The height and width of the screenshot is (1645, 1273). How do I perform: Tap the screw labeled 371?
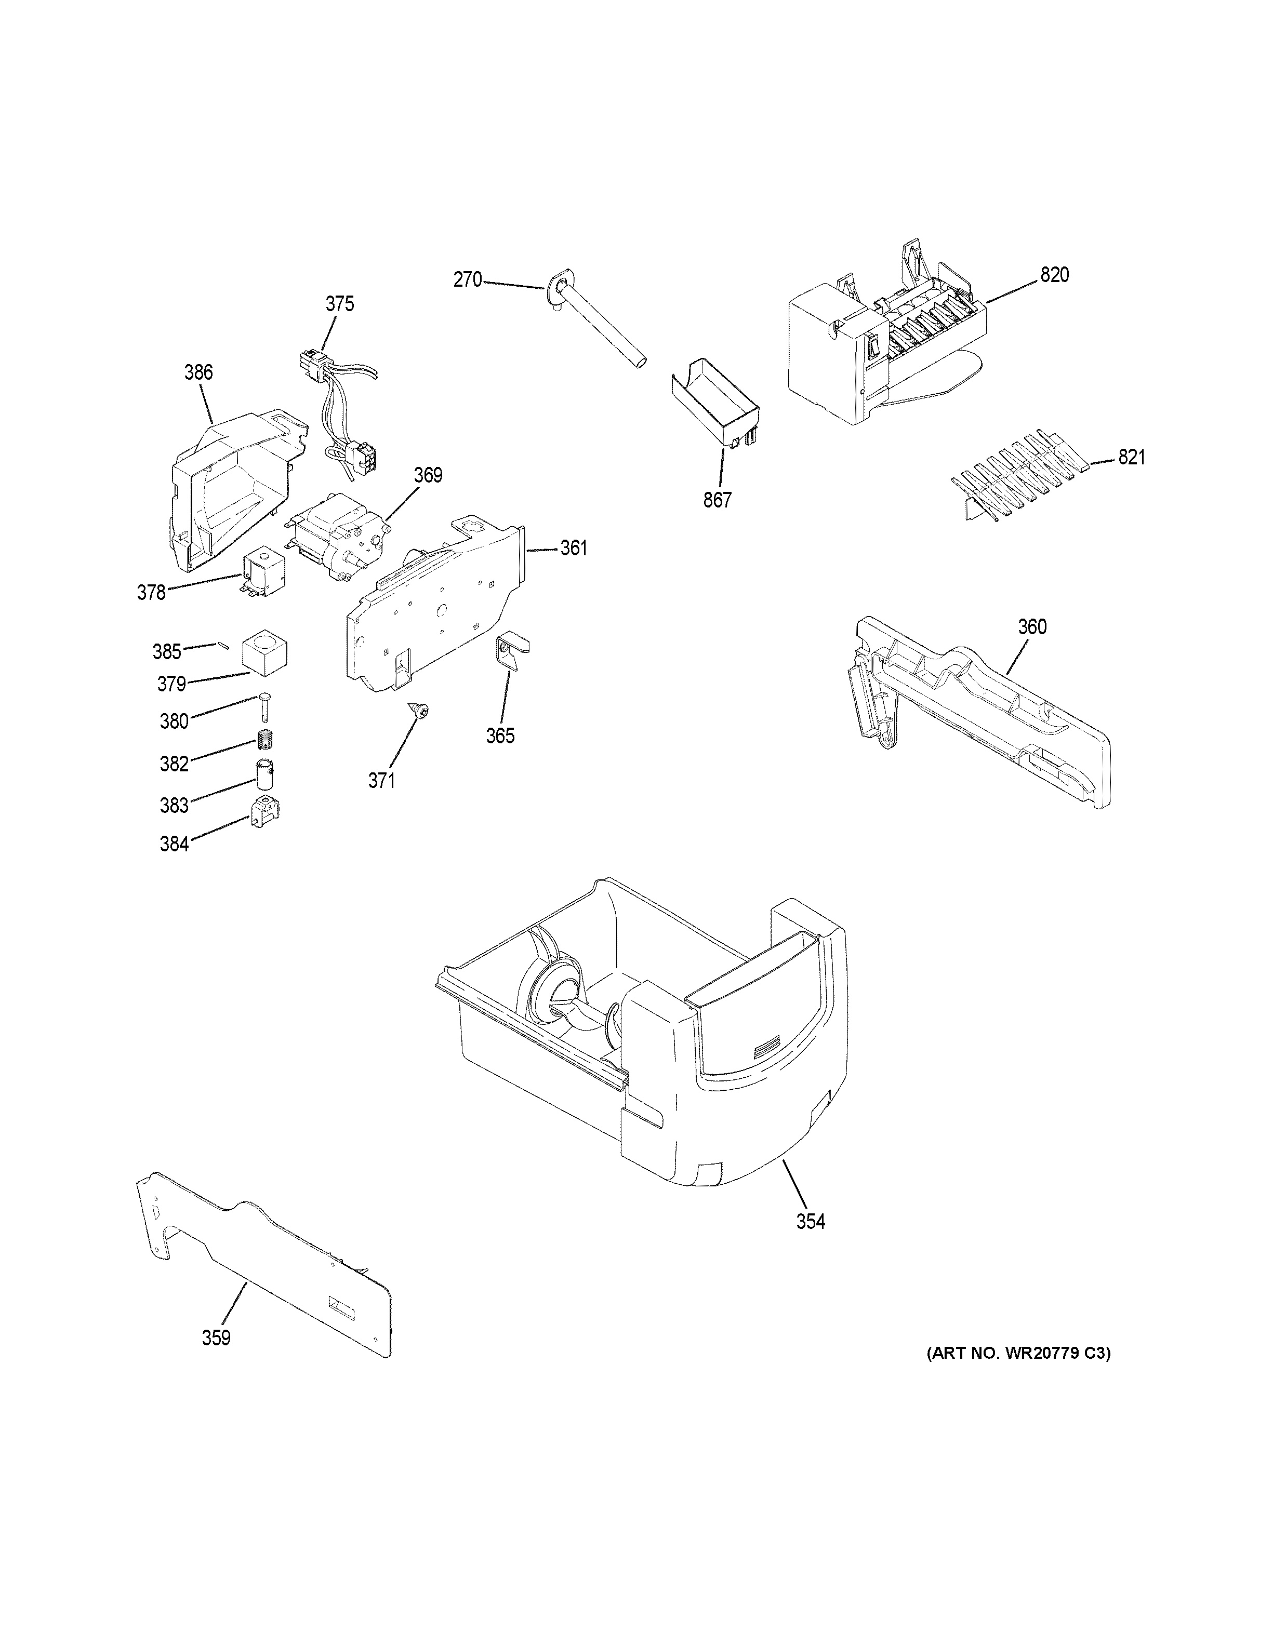[419, 710]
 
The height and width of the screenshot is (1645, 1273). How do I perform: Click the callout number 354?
[811, 1222]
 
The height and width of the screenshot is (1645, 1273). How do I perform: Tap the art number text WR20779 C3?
[1018, 1374]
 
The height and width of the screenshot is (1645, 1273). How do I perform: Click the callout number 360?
[1032, 626]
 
